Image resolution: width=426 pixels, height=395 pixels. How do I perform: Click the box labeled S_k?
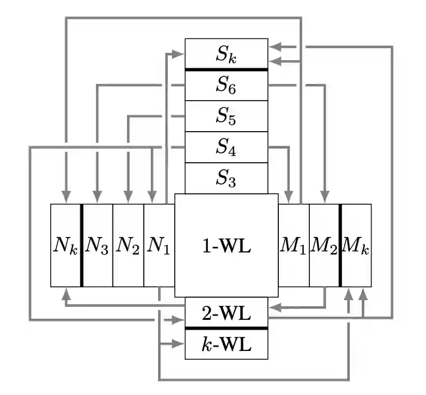pyautogui.click(x=226, y=53)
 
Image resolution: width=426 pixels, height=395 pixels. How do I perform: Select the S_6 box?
pyautogui.click(x=226, y=85)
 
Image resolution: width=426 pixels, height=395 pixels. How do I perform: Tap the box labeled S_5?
pyautogui.click(x=226, y=116)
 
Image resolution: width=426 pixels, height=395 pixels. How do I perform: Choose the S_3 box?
pyautogui.click(x=226, y=178)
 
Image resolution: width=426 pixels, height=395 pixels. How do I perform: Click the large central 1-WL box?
pyautogui.click(x=226, y=245)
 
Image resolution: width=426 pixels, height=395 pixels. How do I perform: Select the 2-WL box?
pyautogui.click(x=226, y=313)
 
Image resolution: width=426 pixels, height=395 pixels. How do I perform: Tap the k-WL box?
pyautogui.click(x=226, y=344)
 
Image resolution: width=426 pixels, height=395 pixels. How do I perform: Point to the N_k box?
pyautogui.click(x=65, y=245)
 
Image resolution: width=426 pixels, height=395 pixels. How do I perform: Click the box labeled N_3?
pyautogui.click(x=97, y=245)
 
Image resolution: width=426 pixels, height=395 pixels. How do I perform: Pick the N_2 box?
pyautogui.click(x=128, y=245)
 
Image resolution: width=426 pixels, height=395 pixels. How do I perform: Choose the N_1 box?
pyautogui.click(x=159, y=245)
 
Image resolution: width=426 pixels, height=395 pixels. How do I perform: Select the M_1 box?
pyautogui.click(x=294, y=245)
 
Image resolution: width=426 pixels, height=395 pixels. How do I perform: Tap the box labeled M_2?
pyautogui.click(x=324, y=245)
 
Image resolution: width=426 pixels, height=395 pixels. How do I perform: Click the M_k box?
pyautogui.click(x=357, y=245)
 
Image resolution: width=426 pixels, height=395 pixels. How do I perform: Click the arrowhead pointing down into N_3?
pyautogui.click(x=97, y=198)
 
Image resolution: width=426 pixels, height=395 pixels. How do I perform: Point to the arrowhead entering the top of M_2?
pyautogui.click(x=325, y=198)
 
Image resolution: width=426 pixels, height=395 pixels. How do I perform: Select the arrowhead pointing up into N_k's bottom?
pyautogui.click(x=66, y=293)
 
